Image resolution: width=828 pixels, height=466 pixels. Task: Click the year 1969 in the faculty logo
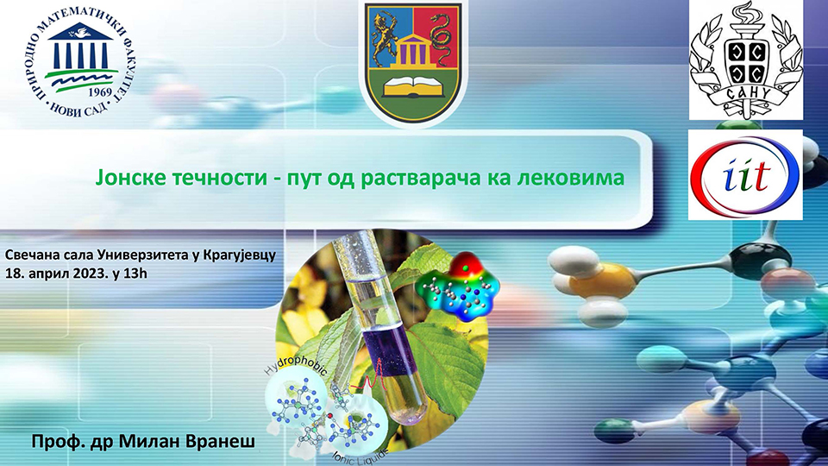[100, 92]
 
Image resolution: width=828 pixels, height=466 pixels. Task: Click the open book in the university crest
[412, 85]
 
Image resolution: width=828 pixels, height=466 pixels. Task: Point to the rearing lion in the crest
[385, 36]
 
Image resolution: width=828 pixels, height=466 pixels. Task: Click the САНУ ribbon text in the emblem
[745, 93]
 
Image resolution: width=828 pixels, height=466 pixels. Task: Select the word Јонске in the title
[128, 177]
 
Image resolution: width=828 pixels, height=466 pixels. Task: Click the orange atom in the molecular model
[603, 283]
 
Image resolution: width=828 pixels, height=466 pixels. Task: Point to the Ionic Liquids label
[360, 455]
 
